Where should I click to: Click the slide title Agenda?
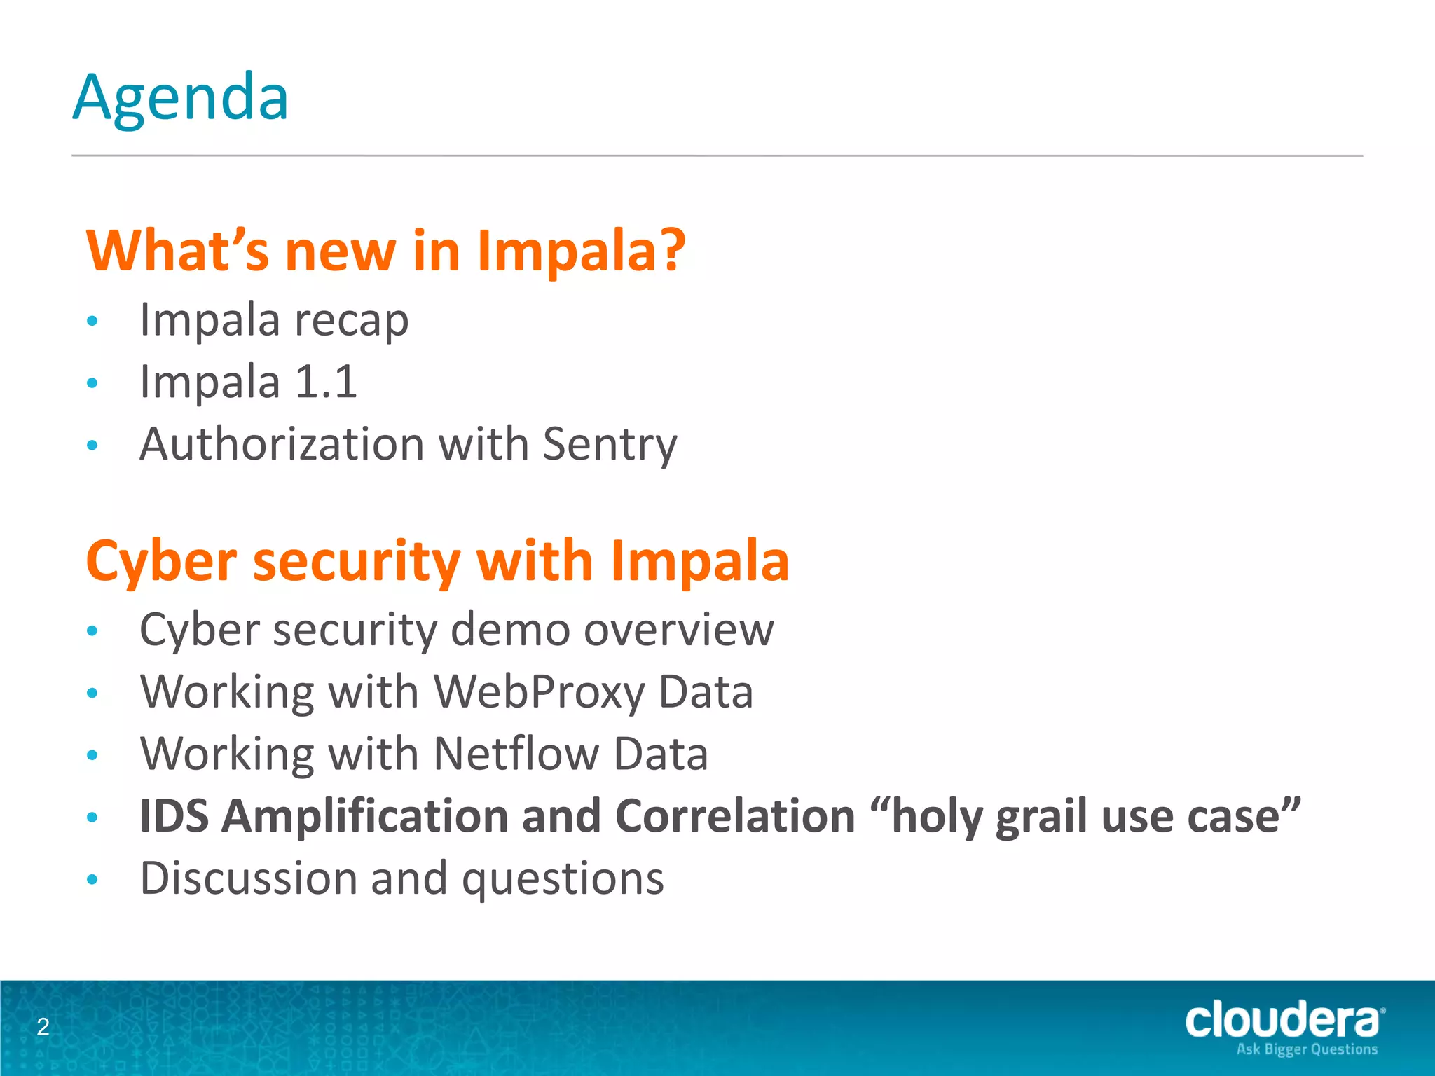[x=181, y=98]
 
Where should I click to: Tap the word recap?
[x=351, y=322]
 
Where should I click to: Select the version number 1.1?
[x=326, y=382]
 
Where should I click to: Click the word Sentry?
[x=610, y=445]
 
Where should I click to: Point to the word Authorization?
[x=282, y=444]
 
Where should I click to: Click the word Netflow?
[x=516, y=754]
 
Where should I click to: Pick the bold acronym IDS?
[x=174, y=816]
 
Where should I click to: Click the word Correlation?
[x=735, y=816]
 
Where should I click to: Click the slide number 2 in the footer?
[x=43, y=1027]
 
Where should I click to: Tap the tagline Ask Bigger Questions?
[x=1307, y=1049]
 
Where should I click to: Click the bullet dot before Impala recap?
[x=92, y=322]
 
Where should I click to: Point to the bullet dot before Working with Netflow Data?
[x=92, y=755]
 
